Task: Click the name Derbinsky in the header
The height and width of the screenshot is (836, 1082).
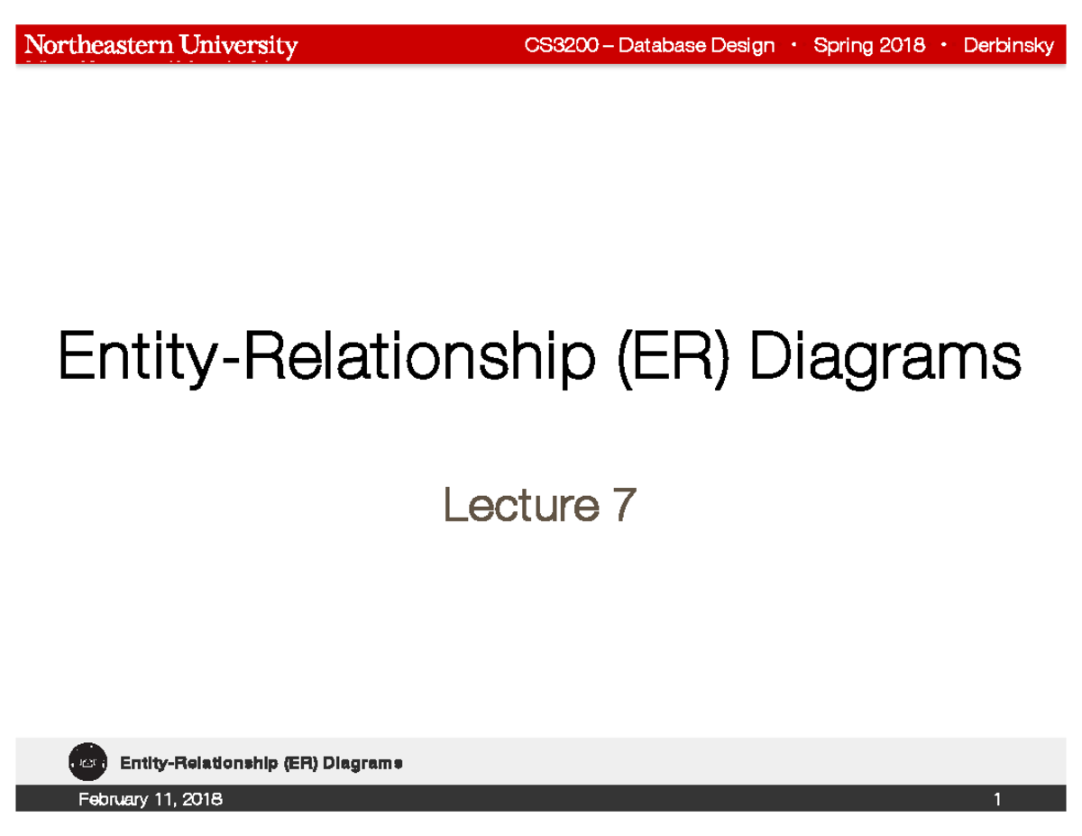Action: point(1008,46)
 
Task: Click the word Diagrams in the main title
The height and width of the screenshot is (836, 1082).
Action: point(888,358)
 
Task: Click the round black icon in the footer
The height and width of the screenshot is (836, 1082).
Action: point(87,762)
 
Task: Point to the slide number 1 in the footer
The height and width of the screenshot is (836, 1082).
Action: point(997,799)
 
